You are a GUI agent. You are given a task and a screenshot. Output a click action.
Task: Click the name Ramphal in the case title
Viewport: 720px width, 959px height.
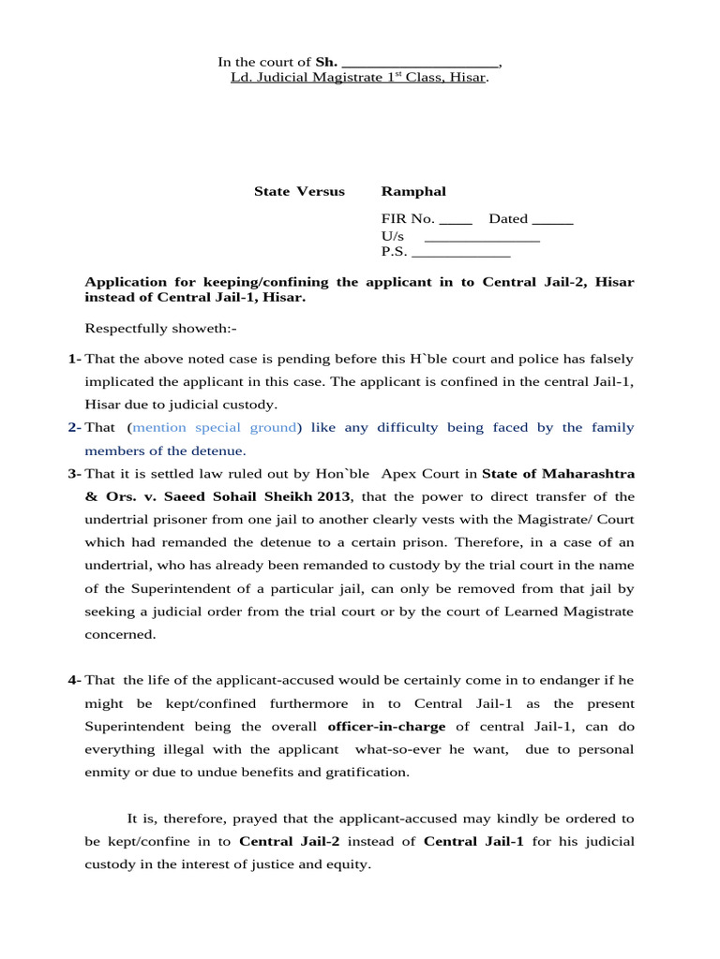click(413, 191)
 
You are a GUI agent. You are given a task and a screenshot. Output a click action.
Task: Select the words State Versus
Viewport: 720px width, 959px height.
click(299, 191)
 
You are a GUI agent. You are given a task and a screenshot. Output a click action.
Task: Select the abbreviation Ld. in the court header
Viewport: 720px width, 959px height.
click(241, 77)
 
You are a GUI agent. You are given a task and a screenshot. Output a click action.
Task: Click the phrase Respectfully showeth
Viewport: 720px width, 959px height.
click(161, 328)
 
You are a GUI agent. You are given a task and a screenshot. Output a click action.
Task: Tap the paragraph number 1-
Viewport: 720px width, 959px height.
click(74, 359)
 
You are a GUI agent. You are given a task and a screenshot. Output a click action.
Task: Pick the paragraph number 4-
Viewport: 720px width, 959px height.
click(74, 680)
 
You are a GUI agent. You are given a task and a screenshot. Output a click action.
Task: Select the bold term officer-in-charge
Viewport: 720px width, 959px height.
click(386, 726)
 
